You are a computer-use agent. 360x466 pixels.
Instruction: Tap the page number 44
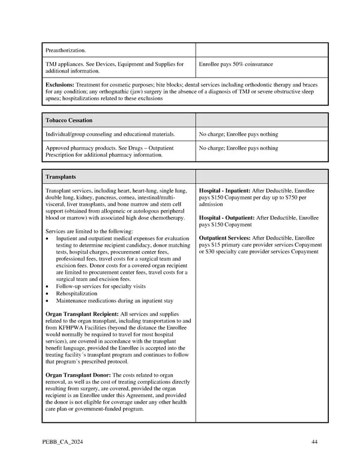(x=314, y=442)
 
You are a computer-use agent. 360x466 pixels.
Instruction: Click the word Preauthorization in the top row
(x=66, y=50)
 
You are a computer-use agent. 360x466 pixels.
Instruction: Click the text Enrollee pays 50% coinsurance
(x=236, y=64)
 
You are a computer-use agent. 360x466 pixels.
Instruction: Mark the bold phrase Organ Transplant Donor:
(x=78, y=375)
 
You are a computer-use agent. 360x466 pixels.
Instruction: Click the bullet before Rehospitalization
(x=48, y=294)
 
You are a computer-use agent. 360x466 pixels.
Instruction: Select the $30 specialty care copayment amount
(x=208, y=252)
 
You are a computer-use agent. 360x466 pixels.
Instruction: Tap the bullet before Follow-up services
(x=48, y=287)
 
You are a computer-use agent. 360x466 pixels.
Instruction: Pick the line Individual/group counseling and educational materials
(x=110, y=134)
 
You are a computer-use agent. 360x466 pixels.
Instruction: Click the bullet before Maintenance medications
(x=48, y=301)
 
